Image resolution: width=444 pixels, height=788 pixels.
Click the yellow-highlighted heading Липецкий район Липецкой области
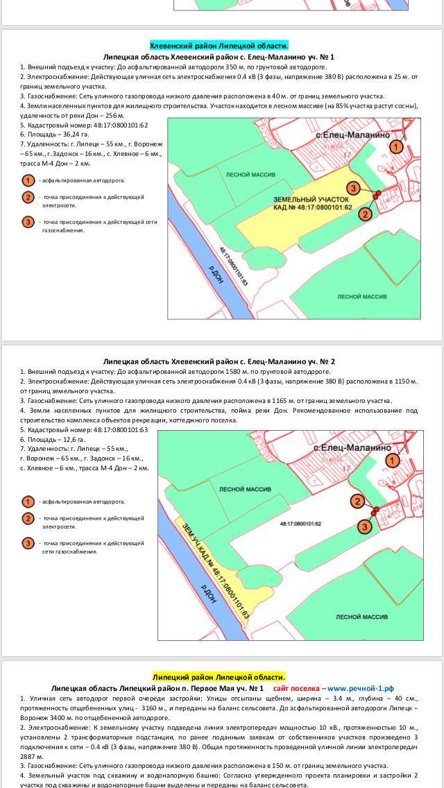tap(219, 677)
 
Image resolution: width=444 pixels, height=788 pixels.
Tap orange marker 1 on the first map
tap(395, 146)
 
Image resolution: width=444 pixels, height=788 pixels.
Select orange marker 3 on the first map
tap(353, 189)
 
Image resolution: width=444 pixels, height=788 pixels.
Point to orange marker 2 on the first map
tap(365, 214)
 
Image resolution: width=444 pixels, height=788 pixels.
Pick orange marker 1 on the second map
tap(393, 461)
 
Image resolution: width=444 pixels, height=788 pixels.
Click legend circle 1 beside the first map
tap(28, 180)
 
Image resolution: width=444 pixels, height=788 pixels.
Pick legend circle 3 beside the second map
tap(28, 542)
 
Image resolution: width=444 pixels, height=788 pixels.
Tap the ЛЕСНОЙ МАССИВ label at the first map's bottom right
tap(361, 296)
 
